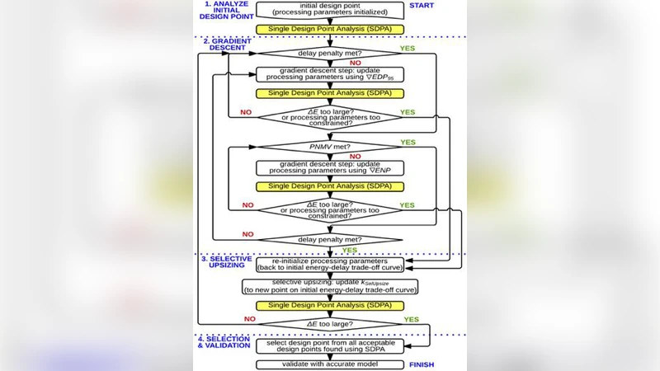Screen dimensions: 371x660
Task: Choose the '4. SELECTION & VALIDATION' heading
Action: click(224, 343)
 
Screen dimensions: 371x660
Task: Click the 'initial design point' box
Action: click(330, 11)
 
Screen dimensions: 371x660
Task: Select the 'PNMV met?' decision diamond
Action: click(330, 146)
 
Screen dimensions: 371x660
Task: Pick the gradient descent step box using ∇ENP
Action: click(330, 167)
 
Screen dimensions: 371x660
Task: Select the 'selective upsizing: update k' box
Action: click(330, 286)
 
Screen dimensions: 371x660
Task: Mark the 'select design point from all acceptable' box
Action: click(330, 345)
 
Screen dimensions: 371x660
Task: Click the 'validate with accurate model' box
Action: click(330, 364)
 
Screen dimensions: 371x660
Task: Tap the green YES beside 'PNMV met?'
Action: click(408, 142)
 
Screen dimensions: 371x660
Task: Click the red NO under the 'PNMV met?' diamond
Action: click(355, 156)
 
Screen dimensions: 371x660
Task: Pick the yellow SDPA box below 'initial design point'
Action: click(330, 30)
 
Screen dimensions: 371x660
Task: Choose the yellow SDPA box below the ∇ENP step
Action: click(330, 187)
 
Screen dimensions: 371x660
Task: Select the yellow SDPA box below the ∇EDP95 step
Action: click(330, 94)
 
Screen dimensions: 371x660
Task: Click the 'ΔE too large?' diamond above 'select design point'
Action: click(330, 323)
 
